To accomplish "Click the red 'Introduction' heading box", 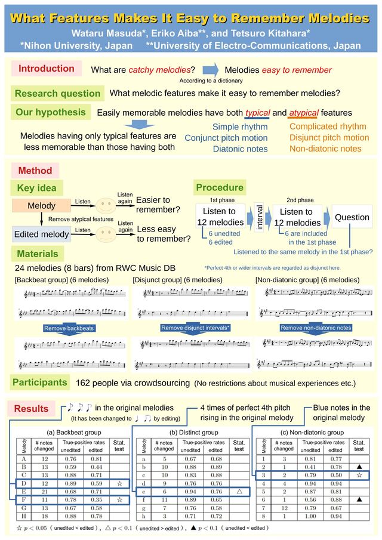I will pos(46,69).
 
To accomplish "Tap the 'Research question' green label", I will pos(57,93).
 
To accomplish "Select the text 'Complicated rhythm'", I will pos(328,126).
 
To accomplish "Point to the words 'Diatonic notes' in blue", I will pos(240,149).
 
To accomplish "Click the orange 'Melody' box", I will pos(41,206).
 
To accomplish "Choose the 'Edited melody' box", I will pos(41,234).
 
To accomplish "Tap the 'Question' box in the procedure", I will pos(352,217).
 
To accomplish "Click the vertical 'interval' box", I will pos(260,217).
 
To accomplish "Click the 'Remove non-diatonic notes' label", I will pos(316,328).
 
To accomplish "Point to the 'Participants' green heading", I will pos(39,381).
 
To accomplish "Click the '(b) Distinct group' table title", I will pos(194,432).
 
